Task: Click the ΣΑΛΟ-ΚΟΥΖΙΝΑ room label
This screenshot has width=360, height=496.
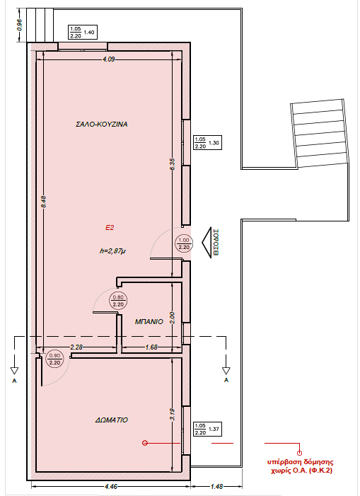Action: point(101,124)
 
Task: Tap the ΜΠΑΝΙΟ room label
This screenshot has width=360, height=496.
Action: point(149,321)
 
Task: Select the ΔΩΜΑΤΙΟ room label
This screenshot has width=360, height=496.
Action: point(112,420)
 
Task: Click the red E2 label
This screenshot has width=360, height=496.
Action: point(110,227)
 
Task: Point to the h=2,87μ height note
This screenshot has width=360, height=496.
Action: point(112,251)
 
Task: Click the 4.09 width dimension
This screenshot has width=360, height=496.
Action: point(108,59)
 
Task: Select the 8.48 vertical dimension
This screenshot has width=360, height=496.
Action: point(44,202)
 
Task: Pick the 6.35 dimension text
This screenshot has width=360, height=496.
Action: point(172,164)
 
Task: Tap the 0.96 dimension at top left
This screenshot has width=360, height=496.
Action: point(19,25)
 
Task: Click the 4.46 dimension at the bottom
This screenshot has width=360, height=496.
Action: point(110,486)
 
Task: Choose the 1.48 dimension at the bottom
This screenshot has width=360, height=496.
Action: point(216,486)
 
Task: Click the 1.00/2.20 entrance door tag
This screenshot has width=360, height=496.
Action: point(184,243)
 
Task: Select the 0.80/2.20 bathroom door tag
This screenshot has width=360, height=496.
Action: point(118,301)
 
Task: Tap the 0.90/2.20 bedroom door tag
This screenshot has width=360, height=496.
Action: point(54,359)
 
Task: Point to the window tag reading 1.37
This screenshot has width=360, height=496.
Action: point(207,429)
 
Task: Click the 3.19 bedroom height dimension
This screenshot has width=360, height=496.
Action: point(172,415)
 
